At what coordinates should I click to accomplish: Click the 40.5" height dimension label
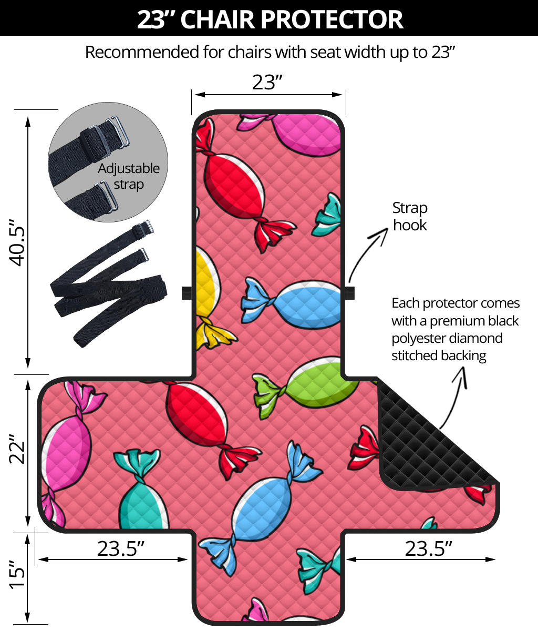click(x=17, y=243)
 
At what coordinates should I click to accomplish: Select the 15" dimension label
click(x=17, y=575)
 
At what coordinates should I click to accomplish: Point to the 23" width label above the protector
click(x=267, y=83)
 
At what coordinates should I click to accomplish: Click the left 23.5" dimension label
click(x=121, y=548)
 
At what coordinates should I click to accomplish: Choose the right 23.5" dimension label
click(x=428, y=548)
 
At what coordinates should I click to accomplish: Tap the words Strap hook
click(x=410, y=217)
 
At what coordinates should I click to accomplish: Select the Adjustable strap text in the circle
click(x=128, y=177)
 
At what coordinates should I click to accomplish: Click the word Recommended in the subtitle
click(x=142, y=52)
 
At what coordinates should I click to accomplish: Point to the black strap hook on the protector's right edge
click(x=350, y=293)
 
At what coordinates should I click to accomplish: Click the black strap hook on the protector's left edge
click(x=187, y=293)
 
